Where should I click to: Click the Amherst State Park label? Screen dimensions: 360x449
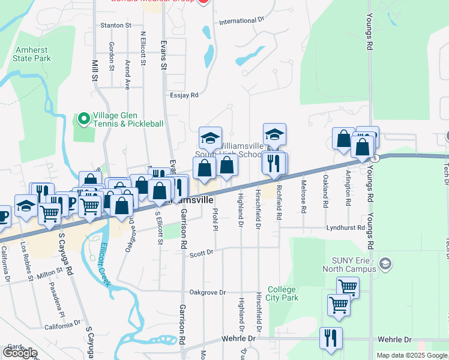point(26,53)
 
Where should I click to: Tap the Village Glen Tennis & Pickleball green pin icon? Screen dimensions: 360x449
point(84,118)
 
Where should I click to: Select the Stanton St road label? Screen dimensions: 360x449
point(116,25)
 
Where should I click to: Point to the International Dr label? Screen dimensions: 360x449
point(242,21)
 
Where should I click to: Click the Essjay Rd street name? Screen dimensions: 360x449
point(184,95)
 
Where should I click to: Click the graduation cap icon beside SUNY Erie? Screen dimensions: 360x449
point(385,263)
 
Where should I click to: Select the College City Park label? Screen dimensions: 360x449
point(282,293)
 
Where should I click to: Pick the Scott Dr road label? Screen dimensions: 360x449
point(202,253)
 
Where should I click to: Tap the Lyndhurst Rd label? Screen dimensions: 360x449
point(345,228)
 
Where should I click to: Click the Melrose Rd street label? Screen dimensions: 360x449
point(304,197)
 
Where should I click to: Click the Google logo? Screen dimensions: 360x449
point(20,352)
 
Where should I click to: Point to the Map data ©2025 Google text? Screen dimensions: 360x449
point(412,355)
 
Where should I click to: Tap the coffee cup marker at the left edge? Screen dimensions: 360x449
point(2,215)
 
